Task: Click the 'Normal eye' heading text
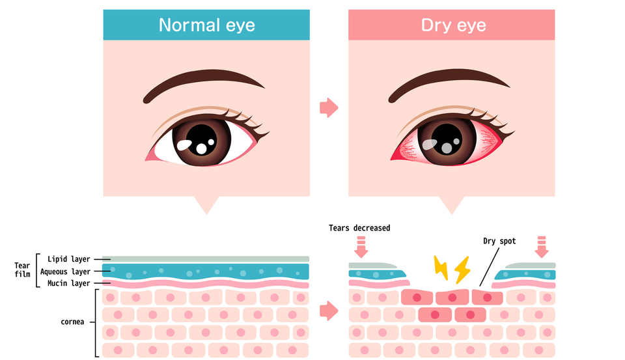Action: [x=206, y=25]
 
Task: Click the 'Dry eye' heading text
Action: [x=454, y=25]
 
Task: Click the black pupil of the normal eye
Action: [x=201, y=139]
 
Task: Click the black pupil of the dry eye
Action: [x=447, y=139]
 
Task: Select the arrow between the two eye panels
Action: [x=329, y=107]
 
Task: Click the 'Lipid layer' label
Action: [x=68, y=259]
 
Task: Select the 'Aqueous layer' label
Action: [x=65, y=271]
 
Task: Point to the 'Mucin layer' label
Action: [x=68, y=283]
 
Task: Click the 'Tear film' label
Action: [x=22, y=270]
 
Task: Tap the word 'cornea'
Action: [x=72, y=322]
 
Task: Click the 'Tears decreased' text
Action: [x=359, y=228]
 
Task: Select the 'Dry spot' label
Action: [x=499, y=242]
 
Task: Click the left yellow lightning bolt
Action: [x=441, y=268]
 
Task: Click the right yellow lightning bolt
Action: [x=462, y=270]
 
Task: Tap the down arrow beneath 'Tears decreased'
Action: [x=361, y=247]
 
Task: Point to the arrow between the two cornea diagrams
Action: [x=329, y=311]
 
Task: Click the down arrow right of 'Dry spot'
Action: [x=541, y=247]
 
